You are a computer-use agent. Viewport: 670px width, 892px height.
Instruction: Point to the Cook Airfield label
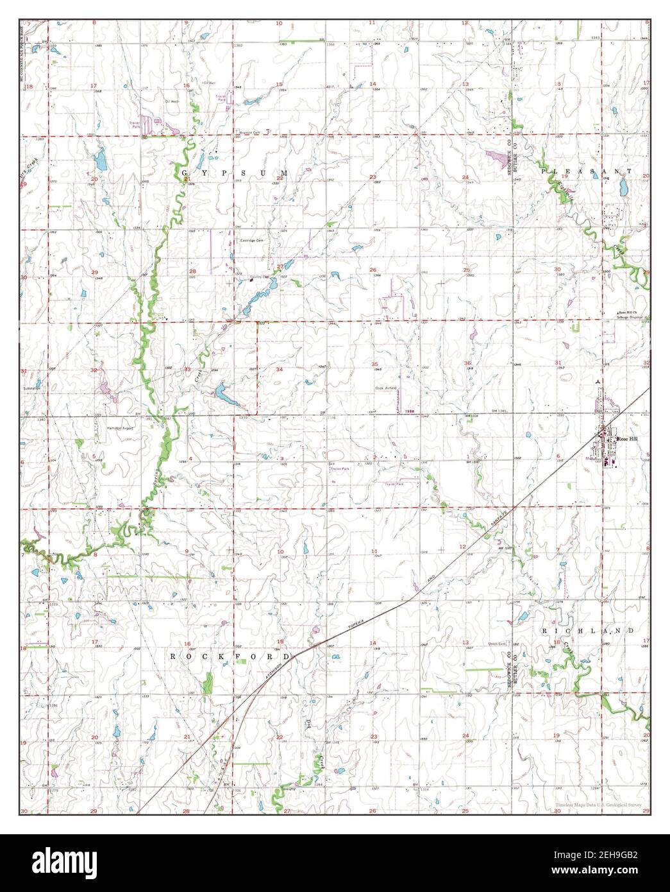click(x=386, y=388)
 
